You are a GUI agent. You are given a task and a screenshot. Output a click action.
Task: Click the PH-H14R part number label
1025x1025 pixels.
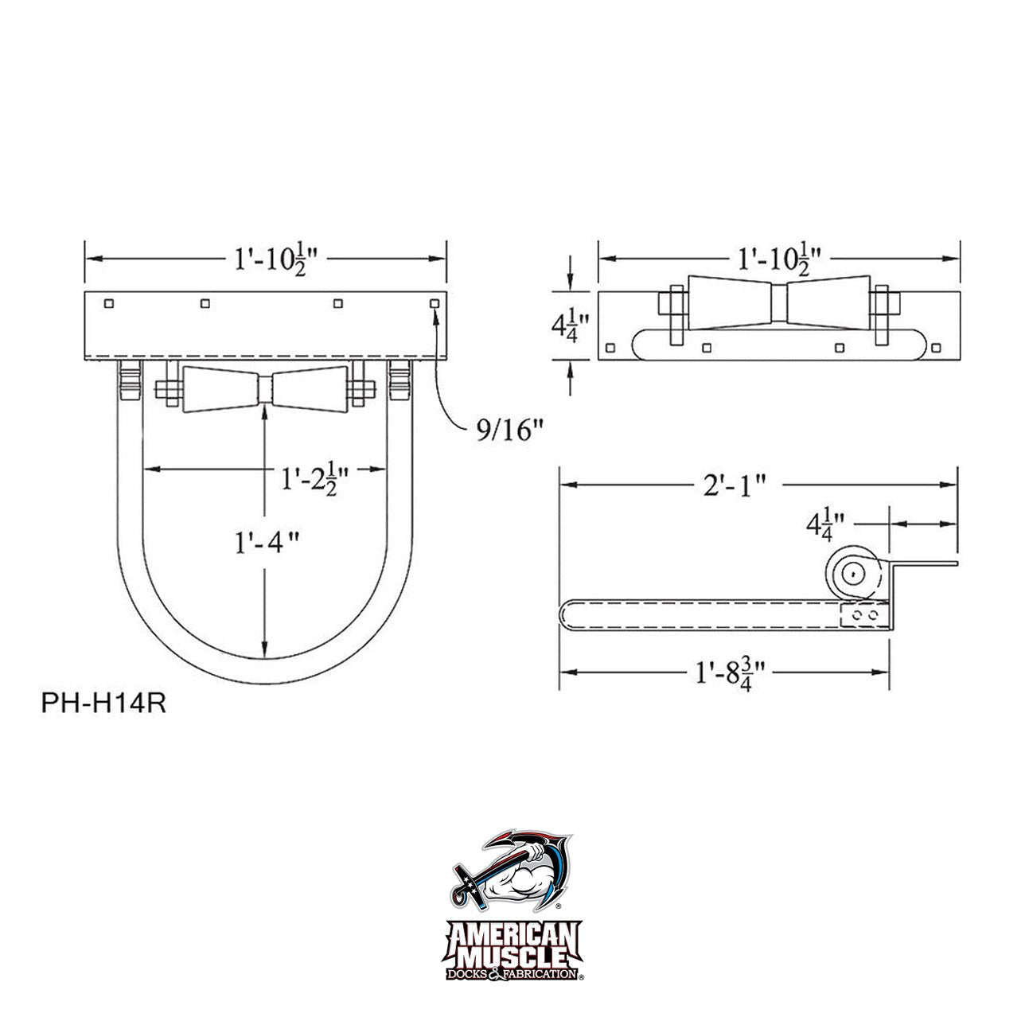coord(103,703)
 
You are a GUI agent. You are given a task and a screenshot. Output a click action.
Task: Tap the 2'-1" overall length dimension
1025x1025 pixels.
coord(735,485)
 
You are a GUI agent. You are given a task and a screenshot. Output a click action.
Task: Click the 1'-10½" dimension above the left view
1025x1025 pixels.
coord(277,259)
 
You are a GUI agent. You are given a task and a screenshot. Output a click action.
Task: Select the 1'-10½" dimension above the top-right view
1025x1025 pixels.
coord(780,259)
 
